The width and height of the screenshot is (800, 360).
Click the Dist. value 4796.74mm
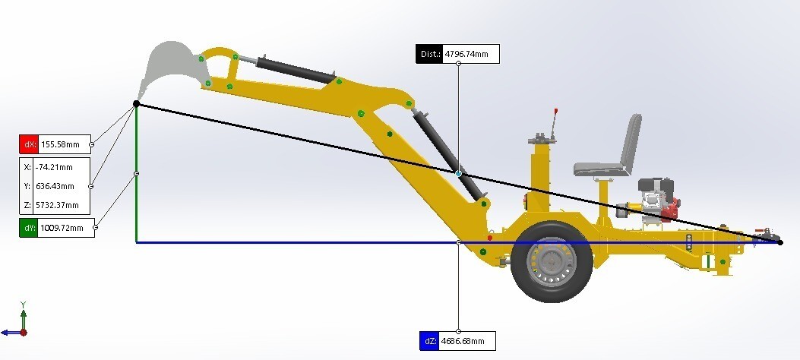point(466,53)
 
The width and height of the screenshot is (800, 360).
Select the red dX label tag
point(29,144)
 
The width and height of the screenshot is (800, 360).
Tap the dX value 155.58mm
point(60,144)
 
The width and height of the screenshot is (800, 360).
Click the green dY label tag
point(29,227)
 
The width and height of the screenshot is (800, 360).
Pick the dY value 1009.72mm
point(62,227)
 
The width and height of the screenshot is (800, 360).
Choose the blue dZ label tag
point(429,341)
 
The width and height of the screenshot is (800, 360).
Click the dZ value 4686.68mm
point(462,341)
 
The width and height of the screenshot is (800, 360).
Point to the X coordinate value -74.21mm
point(54,167)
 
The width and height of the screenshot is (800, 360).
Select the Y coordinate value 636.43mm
point(55,186)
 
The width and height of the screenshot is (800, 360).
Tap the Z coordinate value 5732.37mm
point(57,206)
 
